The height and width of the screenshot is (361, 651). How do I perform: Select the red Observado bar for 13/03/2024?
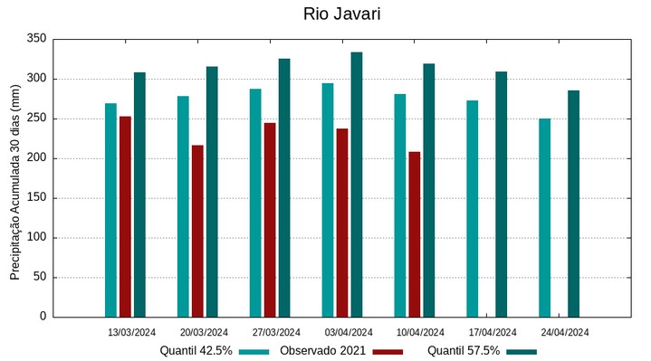(x=125, y=216)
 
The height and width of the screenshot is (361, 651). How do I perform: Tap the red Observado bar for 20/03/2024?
(x=197, y=231)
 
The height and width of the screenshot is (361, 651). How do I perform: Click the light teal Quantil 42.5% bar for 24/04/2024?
(x=544, y=217)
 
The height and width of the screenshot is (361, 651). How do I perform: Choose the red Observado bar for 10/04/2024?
(x=415, y=234)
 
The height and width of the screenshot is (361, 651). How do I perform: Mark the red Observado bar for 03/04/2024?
(x=342, y=223)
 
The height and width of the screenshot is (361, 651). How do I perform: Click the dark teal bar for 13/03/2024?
(x=139, y=195)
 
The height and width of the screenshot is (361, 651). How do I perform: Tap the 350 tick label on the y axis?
(x=36, y=40)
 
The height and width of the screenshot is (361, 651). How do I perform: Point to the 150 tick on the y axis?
(x=36, y=198)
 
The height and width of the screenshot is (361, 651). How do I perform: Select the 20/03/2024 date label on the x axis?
(x=204, y=332)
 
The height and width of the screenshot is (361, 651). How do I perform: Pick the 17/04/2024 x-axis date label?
(x=493, y=332)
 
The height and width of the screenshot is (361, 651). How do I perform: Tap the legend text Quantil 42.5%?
(x=196, y=351)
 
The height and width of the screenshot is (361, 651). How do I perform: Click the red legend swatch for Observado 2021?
(x=388, y=351)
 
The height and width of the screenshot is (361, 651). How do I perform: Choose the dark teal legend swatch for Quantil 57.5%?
(x=522, y=351)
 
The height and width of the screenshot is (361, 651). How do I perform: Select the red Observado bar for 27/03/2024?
(x=270, y=220)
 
